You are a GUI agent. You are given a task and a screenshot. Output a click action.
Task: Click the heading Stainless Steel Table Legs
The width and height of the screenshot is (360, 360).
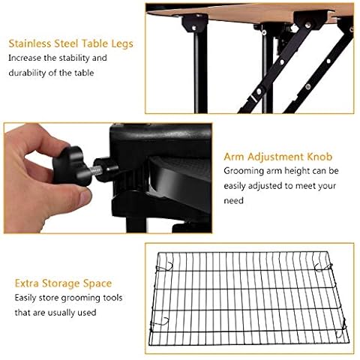tap(71, 43)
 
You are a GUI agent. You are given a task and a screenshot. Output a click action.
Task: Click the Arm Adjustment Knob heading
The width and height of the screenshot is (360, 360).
tap(273, 157)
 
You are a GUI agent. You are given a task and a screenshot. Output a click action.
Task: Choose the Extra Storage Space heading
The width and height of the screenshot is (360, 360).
tap(63, 283)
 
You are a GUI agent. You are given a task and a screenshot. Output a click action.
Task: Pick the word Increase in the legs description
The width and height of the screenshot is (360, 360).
tap(29, 58)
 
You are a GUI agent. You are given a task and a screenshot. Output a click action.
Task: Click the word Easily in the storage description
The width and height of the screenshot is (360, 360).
tap(27, 298)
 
